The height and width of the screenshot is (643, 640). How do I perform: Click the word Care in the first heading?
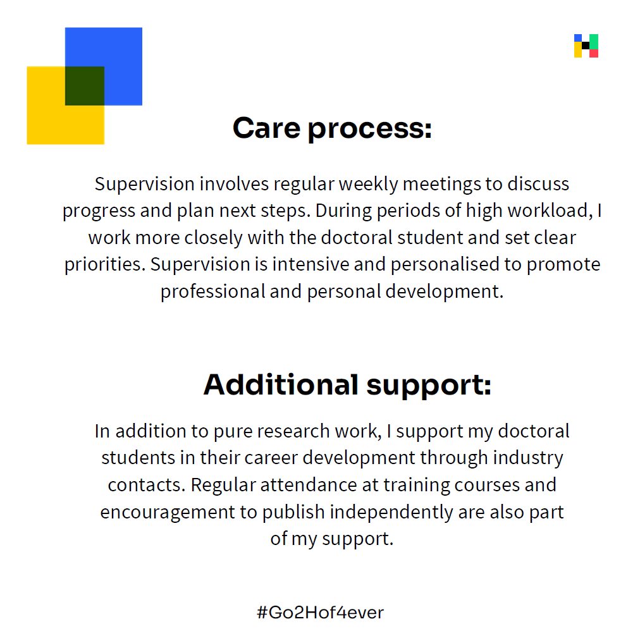(267, 128)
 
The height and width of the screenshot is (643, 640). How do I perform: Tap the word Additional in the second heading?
(281, 384)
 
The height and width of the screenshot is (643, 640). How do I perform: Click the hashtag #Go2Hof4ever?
(321, 612)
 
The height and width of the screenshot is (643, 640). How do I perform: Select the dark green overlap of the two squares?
(85, 86)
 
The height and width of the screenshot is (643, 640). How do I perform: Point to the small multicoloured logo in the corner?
(586, 46)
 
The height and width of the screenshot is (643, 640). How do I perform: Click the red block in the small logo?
(594, 53)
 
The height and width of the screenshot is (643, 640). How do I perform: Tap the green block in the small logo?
(594, 42)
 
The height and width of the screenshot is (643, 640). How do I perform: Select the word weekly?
(369, 185)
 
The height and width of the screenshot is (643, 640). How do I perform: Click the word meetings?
(441, 185)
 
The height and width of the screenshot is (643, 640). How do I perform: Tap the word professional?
(213, 292)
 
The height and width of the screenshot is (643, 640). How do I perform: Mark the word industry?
(528, 458)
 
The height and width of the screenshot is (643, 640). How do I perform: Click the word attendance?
(309, 485)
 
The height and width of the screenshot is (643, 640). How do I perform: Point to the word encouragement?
(168, 513)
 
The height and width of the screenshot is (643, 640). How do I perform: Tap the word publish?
(293, 513)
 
